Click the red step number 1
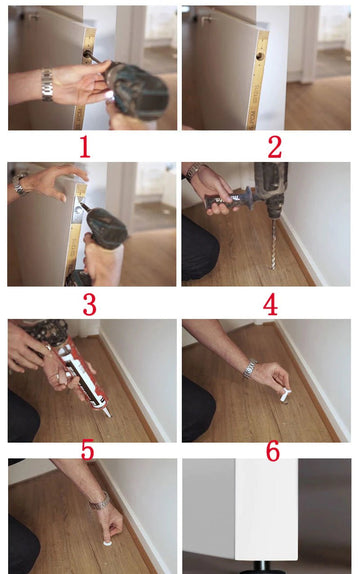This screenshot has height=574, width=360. pos(85,147)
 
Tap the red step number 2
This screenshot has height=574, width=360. pos(275,147)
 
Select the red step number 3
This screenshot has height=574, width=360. pos(89,305)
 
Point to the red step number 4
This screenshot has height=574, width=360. pos(270,305)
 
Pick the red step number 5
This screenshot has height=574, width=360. pos(87,450)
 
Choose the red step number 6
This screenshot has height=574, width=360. pos(273,451)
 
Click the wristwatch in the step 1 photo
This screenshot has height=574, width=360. pos(47,85)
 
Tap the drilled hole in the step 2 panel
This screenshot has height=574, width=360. pos(260,56)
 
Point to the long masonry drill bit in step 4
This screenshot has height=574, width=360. pos(274,243)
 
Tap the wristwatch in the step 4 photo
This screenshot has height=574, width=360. pos(192,171)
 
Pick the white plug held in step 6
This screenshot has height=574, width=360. pos(285,395)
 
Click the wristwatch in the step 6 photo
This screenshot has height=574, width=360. pos(249,369)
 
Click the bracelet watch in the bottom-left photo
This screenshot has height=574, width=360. pos(99,502)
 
